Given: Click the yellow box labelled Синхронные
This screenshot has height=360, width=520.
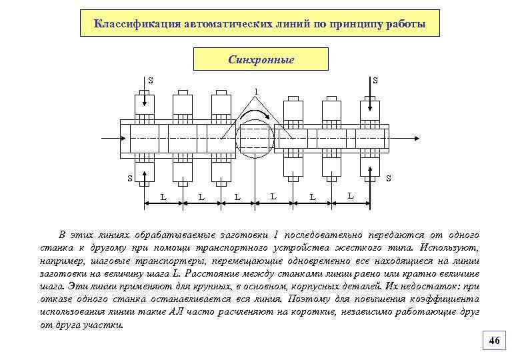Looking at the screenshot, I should tap(261, 59).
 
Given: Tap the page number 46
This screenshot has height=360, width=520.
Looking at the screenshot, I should tap(493, 341).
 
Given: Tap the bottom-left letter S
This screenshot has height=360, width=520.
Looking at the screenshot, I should tap(131, 178).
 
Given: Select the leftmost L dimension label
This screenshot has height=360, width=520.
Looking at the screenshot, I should tap(164, 196).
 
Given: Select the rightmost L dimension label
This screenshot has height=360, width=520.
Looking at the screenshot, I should tap(351, 195).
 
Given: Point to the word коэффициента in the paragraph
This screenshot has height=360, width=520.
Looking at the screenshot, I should tap(445, 299).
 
